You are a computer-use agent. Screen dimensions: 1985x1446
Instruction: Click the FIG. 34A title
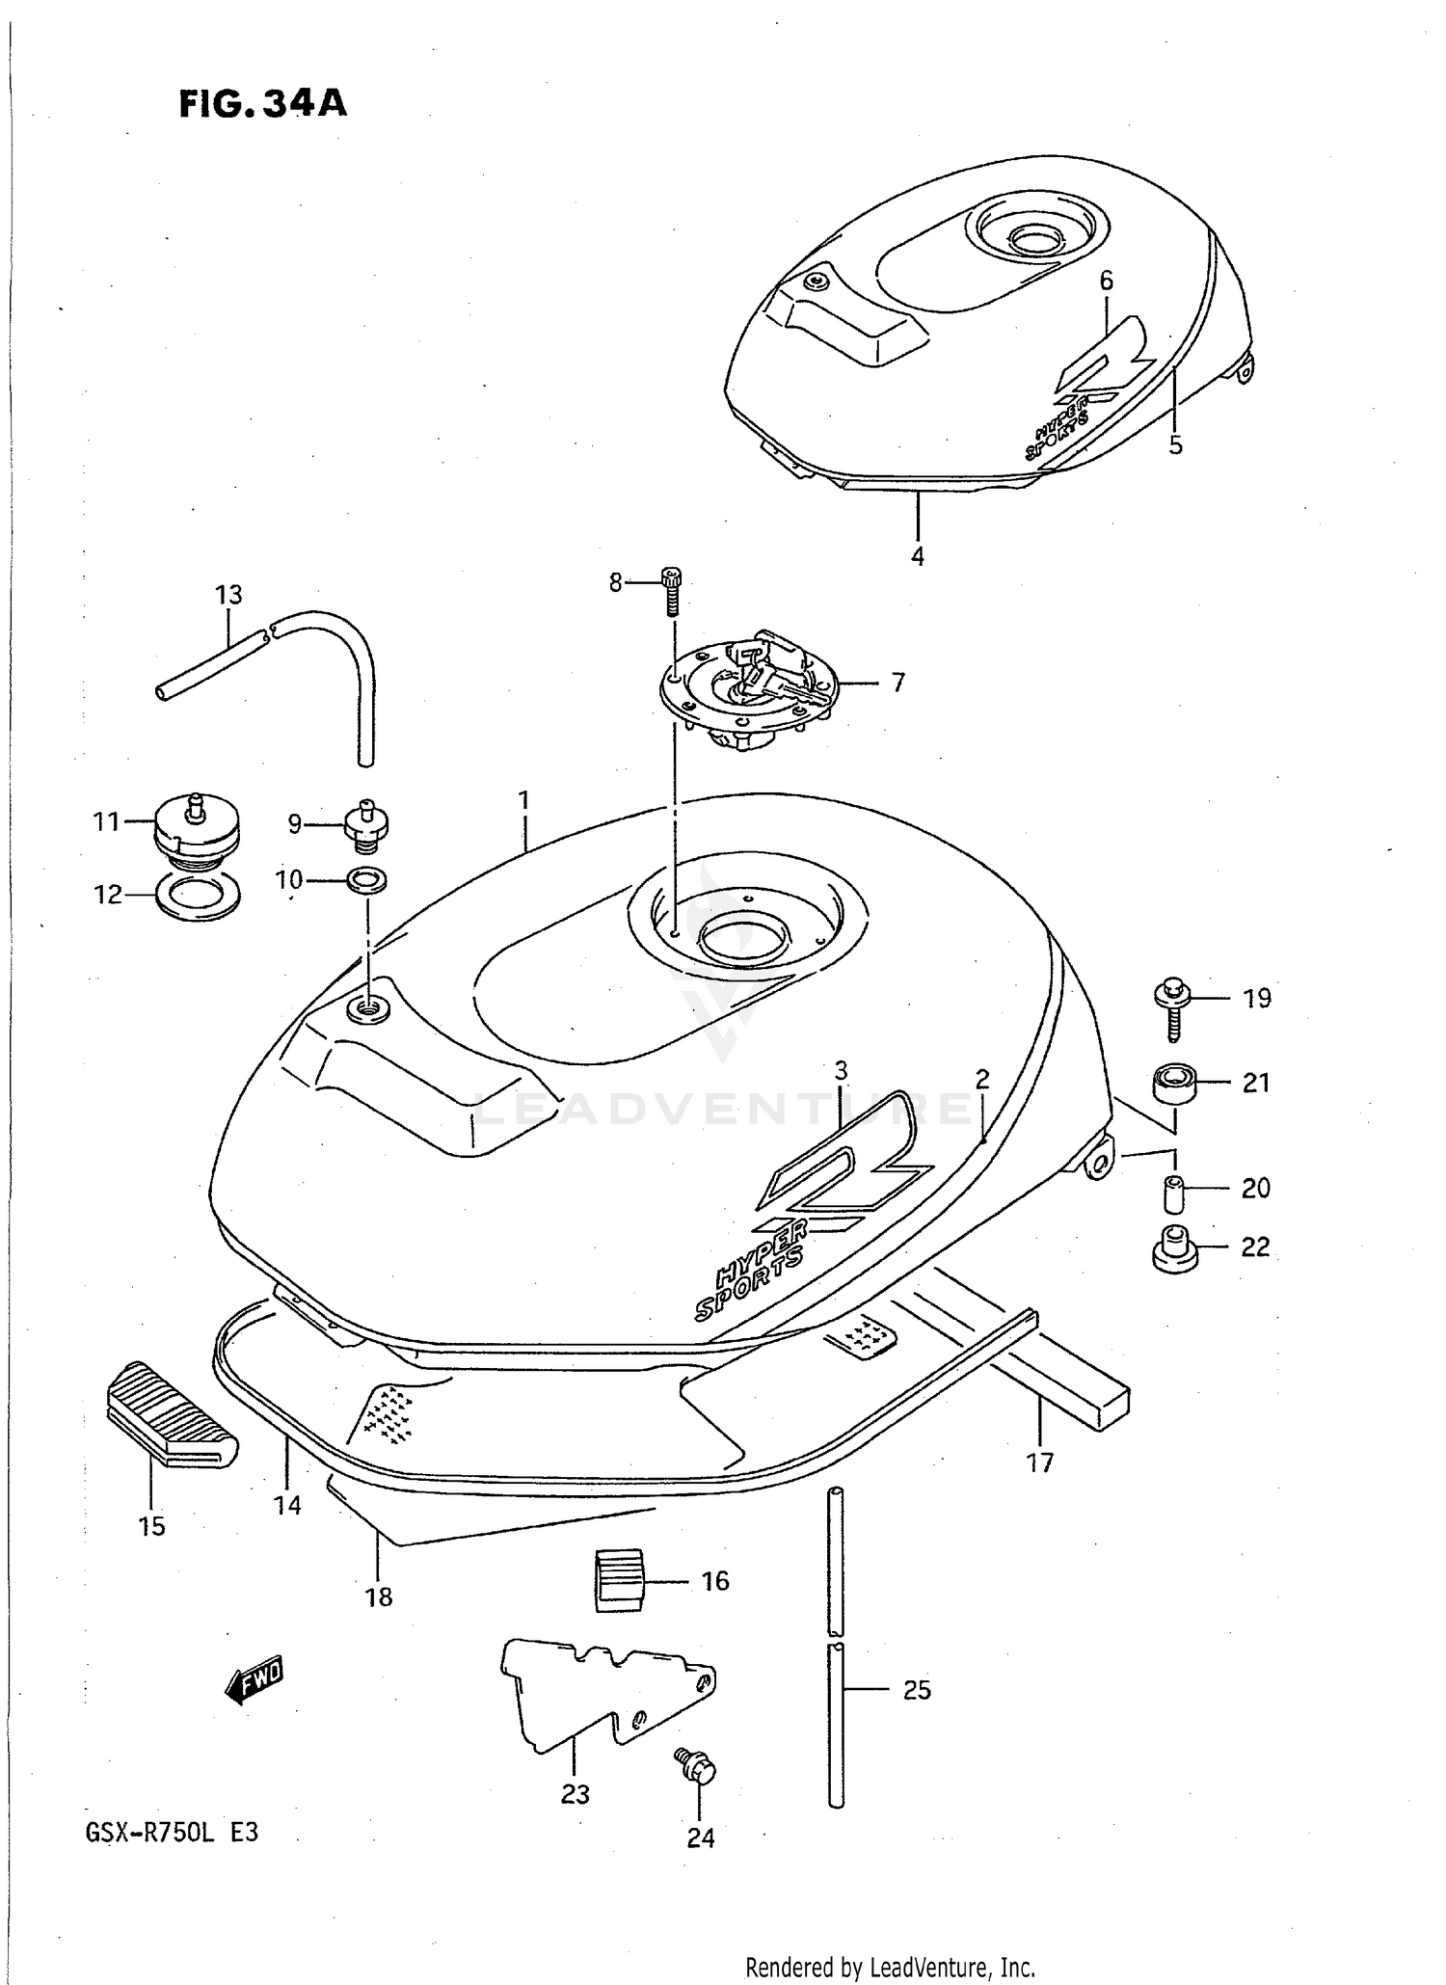pyautogui.click(x=262, y=103)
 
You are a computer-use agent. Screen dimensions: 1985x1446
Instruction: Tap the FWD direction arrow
pyautogui.click(x=254, y=1682)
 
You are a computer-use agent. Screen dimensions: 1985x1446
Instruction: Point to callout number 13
pyautogui.click(x=228, y=595)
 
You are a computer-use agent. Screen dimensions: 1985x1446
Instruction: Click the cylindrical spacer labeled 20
pyautogui.click(x=1172, y=1194)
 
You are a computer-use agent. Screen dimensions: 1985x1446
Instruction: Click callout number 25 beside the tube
pyautogui.click(x=916, y=1690)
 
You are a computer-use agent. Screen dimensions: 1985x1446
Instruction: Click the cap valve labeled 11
pyautogui.click(x=196, y=824)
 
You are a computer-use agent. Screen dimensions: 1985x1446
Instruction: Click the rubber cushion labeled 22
pyautogui.click(x=1174, y=1249)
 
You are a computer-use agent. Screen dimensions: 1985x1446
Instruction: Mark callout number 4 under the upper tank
pyautogui.click(x=917, y=556)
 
